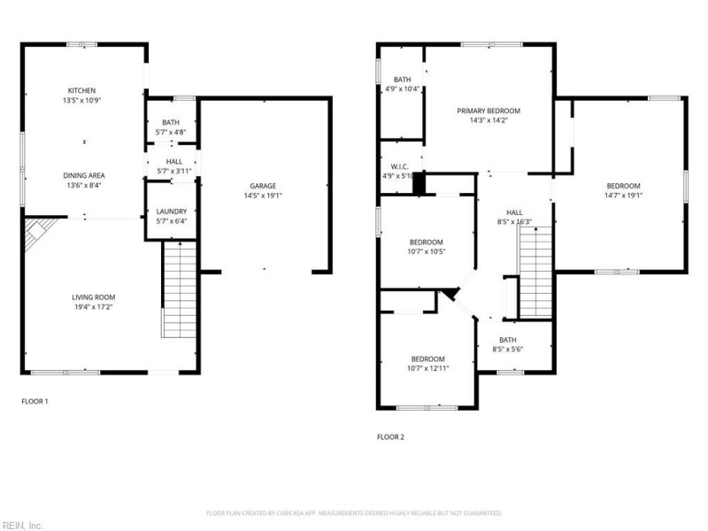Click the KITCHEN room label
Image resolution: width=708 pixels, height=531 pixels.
[x=82, y=90]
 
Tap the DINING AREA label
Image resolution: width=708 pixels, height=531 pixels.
[x=82, y=175]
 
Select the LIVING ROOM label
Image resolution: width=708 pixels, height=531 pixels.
[x=94, y=296]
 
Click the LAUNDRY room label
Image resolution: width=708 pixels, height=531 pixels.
[x=171, y=212]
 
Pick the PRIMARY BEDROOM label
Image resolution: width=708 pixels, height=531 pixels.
[x=489, y=111]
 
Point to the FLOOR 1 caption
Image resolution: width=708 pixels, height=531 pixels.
[x=35, y=401]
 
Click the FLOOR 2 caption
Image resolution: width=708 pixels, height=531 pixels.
[x=390, y=436]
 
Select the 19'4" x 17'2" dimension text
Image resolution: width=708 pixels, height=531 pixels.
[x=94, y=307]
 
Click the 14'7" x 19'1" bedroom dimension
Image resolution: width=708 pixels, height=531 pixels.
[x=623, y=196]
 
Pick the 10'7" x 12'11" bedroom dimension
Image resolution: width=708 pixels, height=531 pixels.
[x=428, y=368]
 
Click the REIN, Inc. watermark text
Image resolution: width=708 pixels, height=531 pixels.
[x=21, y=525]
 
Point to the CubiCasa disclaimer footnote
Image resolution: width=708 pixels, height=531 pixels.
[x=354, y=513]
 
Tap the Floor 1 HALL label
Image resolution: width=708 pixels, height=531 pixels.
[x=171, y=161]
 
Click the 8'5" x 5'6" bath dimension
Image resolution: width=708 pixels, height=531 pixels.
[x=508, y=350]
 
